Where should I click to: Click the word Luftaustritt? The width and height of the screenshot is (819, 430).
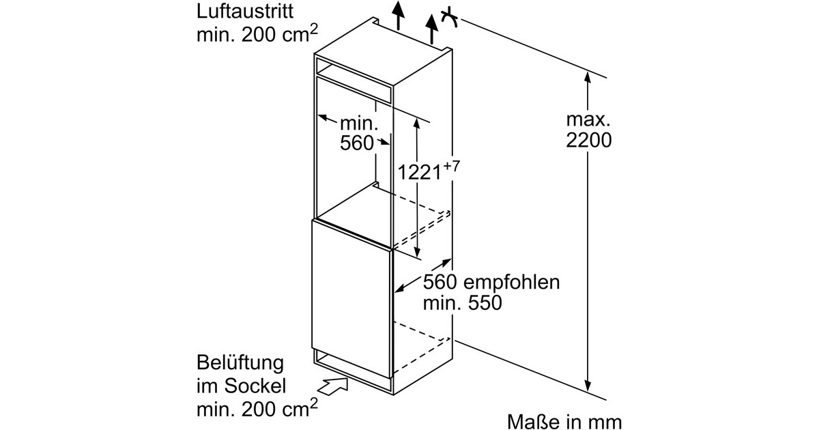[x=244, y=12]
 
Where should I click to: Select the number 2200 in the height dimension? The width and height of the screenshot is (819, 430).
[x=588, y=140]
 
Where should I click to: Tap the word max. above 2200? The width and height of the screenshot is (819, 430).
[x=588, y=119]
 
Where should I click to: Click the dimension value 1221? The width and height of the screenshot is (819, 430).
[x=419, y=172]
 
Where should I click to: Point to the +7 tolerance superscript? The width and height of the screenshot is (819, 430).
[x=451, y=167]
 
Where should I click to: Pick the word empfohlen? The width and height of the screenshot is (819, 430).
[x=511, y=283]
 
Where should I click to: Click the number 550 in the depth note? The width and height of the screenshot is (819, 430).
[x=485, y=303]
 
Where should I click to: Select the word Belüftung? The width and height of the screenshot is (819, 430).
[x=240, y=363]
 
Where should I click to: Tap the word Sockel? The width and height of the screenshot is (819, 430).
[x=255, y=386]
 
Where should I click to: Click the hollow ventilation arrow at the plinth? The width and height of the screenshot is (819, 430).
[x=332, y=387]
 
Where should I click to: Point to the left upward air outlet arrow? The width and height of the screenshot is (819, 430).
[x=399, y=14]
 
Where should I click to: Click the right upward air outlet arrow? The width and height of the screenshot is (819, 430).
[x=432, y=29]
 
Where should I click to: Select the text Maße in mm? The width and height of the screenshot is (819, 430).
[x=564, y=422]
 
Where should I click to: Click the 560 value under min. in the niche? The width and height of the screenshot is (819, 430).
[x=357, y=143]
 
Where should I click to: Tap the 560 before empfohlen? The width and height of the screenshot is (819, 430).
[x=440, y=283]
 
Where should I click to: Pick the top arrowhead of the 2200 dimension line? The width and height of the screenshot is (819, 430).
[x=588, y=77]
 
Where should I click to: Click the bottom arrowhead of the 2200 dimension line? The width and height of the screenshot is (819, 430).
[x=588, y=386]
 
